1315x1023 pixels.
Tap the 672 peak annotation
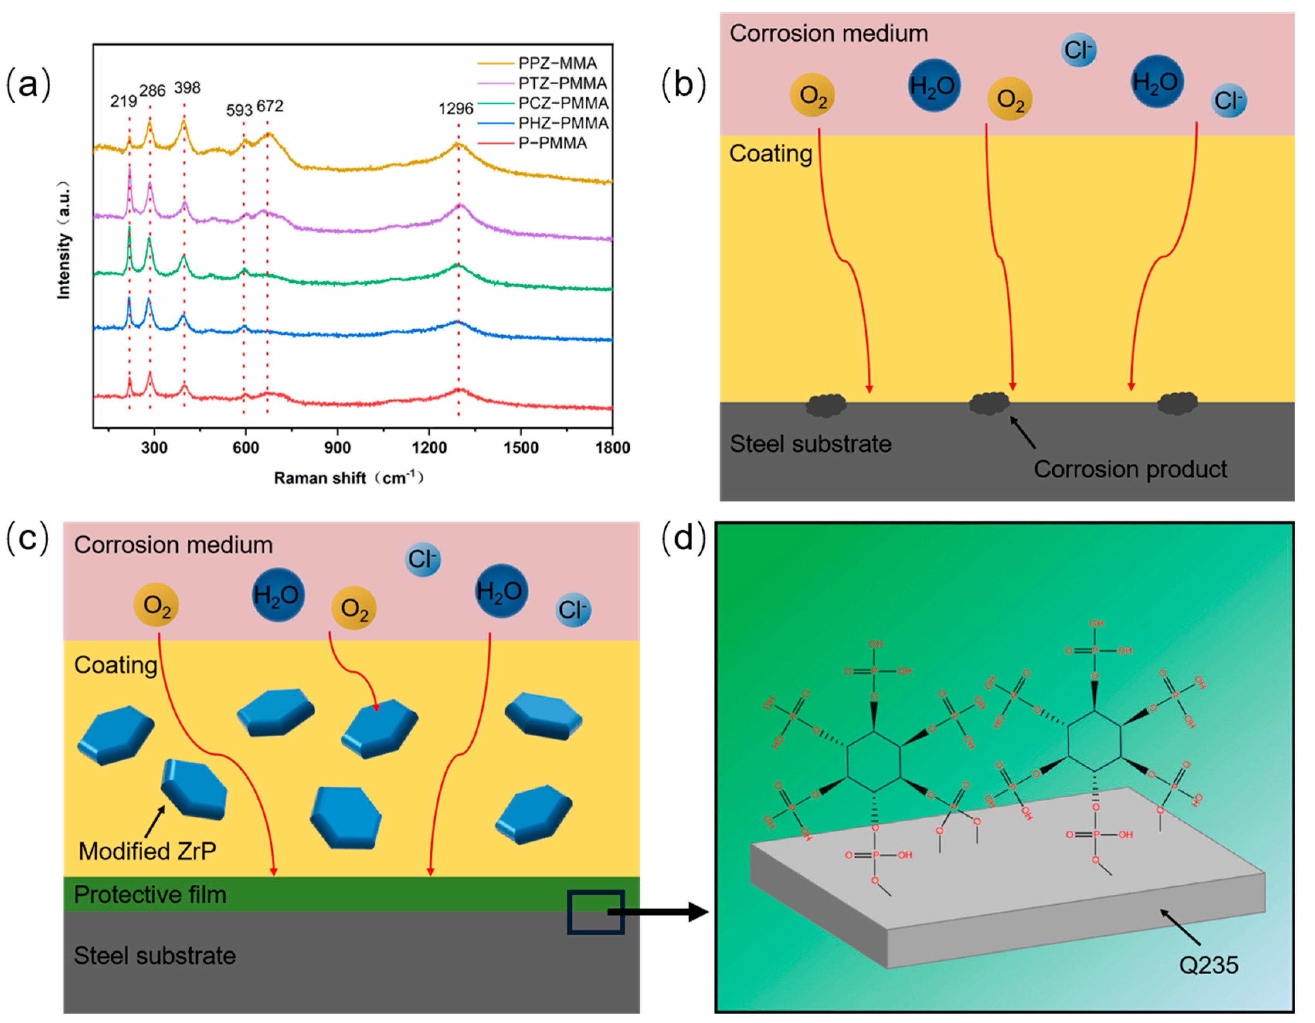coord(269,106)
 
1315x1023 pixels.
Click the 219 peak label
coord(124,101)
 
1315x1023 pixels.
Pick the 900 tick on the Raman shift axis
coord(337,447)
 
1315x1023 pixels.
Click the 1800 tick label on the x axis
coord(612,447)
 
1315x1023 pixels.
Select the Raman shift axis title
coord(348,478)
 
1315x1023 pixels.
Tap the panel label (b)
coord(683,84)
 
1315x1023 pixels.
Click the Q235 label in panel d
coord(1208,965)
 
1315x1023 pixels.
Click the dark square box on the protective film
coord(595,912)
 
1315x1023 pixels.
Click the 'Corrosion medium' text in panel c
coord(173,545)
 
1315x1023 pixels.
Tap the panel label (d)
coord(683,537)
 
